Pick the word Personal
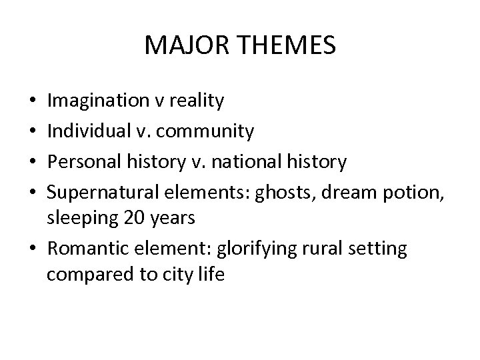coord(84,162)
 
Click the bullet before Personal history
coord(33,163)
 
